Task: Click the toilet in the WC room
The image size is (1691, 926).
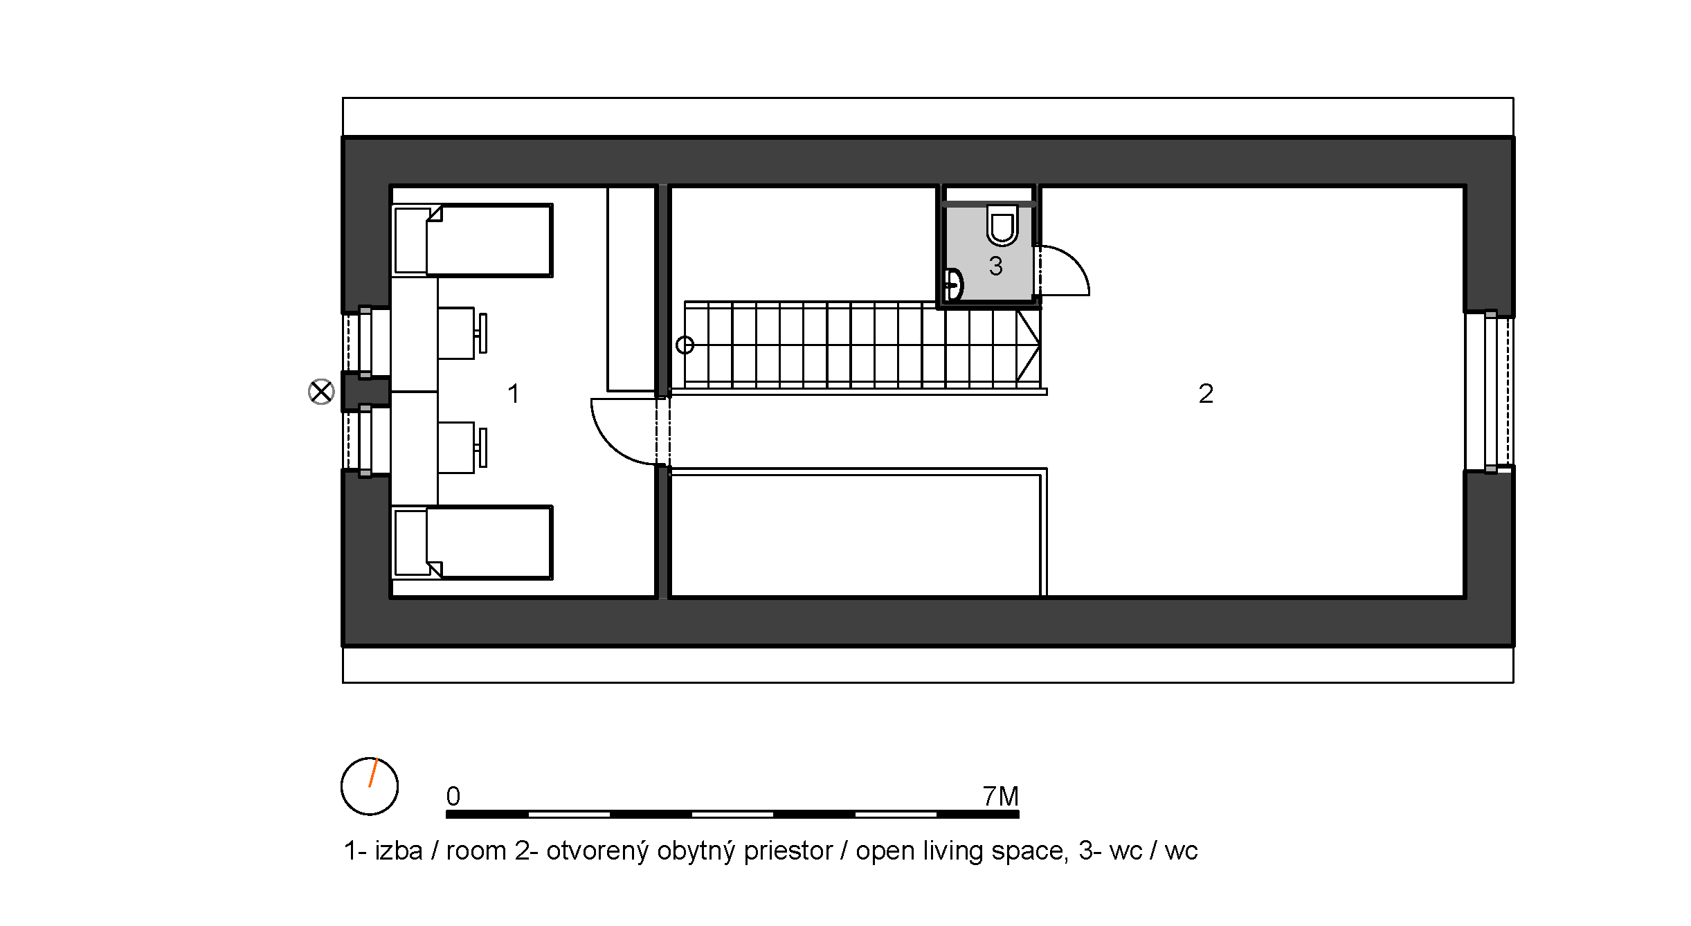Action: (x=1002, y=225)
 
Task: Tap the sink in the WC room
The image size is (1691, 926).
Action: (x=954, y=284)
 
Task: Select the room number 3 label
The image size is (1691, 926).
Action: (x=995, y=266)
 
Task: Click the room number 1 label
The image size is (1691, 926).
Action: (x=513, y=394)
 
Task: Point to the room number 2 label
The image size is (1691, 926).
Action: (x=1206, y=394)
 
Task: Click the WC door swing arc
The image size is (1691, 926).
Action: (x=1077, y=260)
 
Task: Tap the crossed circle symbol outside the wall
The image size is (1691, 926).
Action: (x=321, y=392)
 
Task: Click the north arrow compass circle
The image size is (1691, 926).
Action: (x=370, y=786)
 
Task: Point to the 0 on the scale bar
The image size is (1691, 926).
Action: (x=453, y=797)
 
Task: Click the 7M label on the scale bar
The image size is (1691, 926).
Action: (x=1000, y=797)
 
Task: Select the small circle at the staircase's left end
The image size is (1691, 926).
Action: (x=685, y=345)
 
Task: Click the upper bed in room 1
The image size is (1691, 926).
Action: (x=472, y=240)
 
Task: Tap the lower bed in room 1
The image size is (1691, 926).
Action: (x=472, y=543)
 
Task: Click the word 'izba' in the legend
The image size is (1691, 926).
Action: (x=399, y=851)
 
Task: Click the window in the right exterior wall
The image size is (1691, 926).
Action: (x=1489, y=391)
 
